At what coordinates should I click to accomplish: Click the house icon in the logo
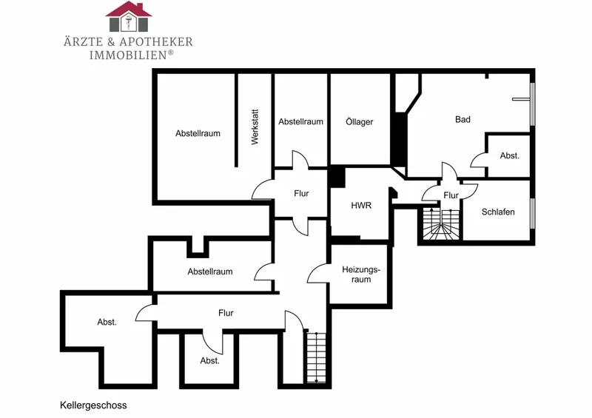click(128, 16)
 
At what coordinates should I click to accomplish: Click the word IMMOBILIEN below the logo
click(128, 55)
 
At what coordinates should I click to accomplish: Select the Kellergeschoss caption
click(93, 405)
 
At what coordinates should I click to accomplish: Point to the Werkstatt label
click(255, 127)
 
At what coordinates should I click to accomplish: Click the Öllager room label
click(360, 121)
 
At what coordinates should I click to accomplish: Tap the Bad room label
click(462, 119)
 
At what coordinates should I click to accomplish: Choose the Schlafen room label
click(498, 212)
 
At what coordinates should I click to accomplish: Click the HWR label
click(361, 206)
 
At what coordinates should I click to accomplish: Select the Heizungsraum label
click(361, 274)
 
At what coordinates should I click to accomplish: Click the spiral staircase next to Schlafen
click(441, 224)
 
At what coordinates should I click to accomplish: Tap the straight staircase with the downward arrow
click(317, 357)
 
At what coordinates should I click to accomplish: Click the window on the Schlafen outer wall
click(532, 213)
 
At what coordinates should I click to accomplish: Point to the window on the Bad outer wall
click(532, 104)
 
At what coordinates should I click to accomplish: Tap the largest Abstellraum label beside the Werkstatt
click(198, 133)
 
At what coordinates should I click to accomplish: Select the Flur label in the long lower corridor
click(226, 313)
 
